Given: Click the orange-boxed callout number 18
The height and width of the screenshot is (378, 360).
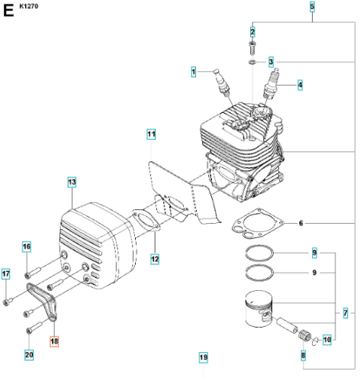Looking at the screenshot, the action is [54, 341].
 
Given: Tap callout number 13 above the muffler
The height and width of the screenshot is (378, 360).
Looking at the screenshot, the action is [72, 182].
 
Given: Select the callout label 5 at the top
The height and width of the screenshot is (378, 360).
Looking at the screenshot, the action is [312, 7].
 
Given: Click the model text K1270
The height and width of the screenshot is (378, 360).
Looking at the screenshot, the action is [29, 6].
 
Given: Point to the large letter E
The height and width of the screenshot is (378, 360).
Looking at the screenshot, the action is [8, 11].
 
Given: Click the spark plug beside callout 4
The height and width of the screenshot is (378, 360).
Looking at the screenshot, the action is [272, 82].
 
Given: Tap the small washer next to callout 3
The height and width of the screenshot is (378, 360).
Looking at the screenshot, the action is [252, 62].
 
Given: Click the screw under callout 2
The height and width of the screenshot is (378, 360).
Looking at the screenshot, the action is [252, 48].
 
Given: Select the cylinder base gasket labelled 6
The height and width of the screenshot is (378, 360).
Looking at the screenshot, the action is [259, 223].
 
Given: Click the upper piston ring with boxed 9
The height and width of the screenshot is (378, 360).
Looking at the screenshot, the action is [259, 253].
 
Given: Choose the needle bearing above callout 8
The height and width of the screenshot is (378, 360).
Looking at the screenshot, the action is [304, 334].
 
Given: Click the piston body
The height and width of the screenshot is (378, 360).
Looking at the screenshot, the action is [259, 309].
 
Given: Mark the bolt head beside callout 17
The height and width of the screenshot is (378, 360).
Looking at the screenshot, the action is [6, 302].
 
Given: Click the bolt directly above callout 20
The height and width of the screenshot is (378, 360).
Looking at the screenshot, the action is [34, 328].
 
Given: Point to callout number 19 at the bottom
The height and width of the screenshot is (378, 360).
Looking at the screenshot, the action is [204, 357].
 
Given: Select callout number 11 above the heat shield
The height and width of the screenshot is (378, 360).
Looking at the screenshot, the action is [151, 134].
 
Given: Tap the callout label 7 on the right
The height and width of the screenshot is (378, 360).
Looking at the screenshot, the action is [346, 313].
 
